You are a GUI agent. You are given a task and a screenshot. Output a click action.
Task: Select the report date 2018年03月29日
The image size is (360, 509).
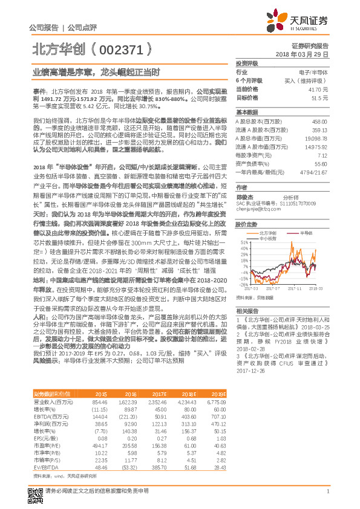(306, 54)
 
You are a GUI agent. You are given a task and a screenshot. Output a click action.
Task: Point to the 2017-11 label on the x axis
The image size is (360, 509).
(293, 289)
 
